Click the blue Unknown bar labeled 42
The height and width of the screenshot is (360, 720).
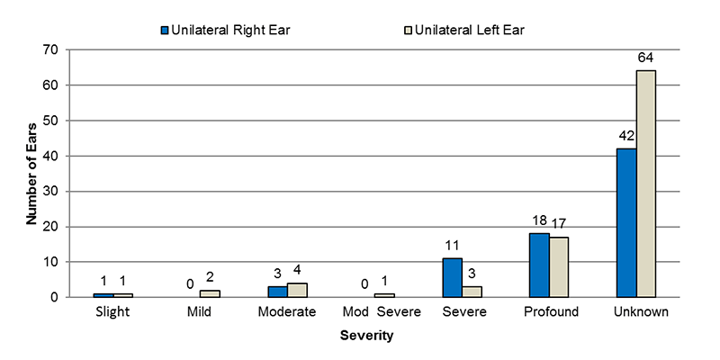click(x=626, y=223)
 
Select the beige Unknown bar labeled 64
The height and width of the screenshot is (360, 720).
click(x=646, y=184)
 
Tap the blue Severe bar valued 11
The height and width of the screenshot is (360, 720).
click(x=453, y=278)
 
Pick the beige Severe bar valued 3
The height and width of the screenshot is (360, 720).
click(x=472, y=292)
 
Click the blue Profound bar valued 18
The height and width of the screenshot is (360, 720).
click(x=539, y=265)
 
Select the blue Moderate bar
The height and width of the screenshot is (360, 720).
click(x=278, y=292)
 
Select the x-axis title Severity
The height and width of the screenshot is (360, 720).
click(x=367, y=336)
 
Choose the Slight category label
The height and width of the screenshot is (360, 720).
click(x=112, y=312)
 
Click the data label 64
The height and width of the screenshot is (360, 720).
click(x=646, y=58)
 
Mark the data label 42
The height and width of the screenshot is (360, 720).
click(x=626, y=137)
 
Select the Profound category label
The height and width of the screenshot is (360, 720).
click(x=549, y=312)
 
